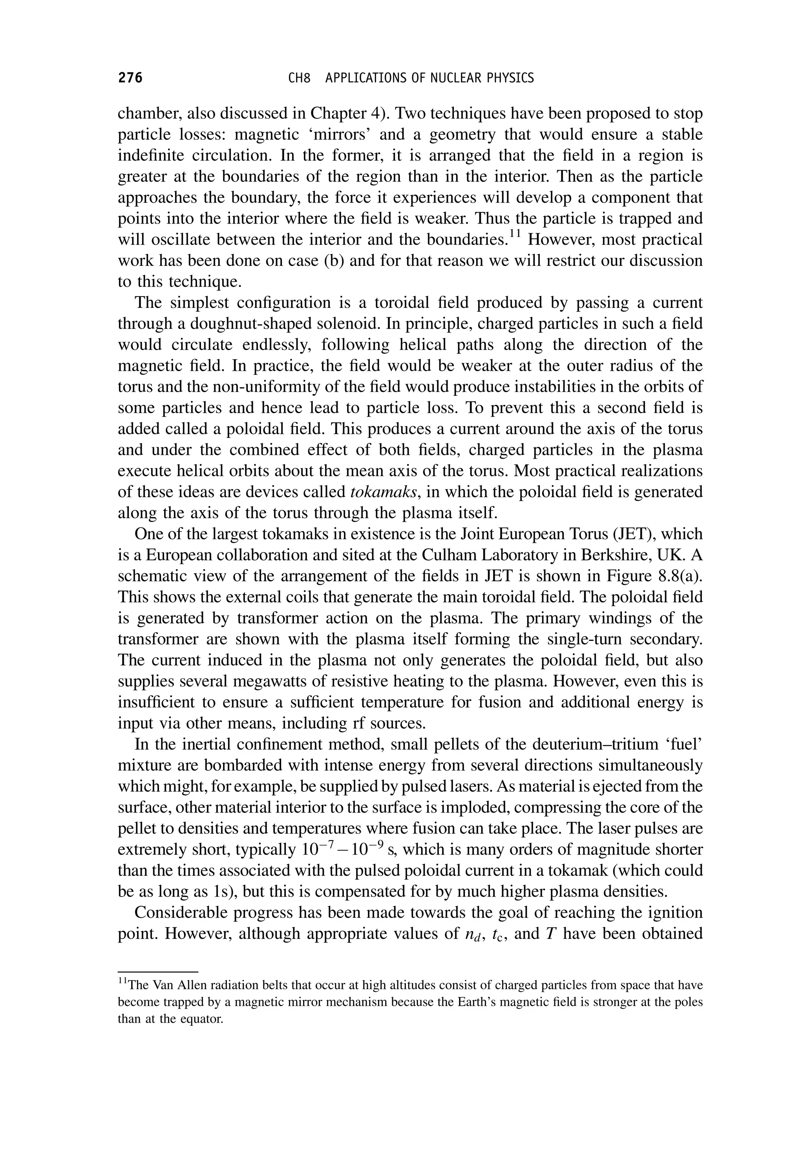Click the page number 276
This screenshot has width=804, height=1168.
tap(130, 78)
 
